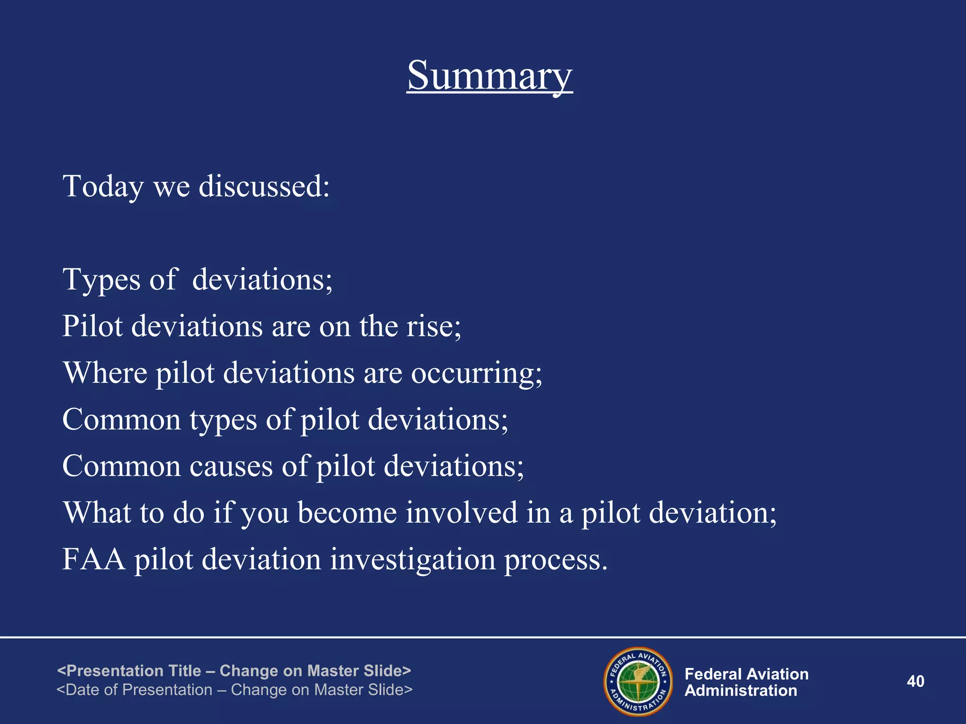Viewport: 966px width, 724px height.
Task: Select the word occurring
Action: click(476, 373)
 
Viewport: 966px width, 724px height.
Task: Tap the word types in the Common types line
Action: click(223, 420)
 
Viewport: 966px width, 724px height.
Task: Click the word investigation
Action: click(413, 560)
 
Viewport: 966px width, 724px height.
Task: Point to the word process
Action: click(556, 560)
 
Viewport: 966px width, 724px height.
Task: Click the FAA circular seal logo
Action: click(638, 681)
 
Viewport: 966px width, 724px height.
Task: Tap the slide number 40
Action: click(915, 681)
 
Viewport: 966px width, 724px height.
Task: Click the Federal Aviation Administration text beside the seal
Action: click(746, 682)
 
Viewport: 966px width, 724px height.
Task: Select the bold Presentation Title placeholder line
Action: click(234, 670)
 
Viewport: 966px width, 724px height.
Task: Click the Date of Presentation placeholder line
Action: click(234, 690)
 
